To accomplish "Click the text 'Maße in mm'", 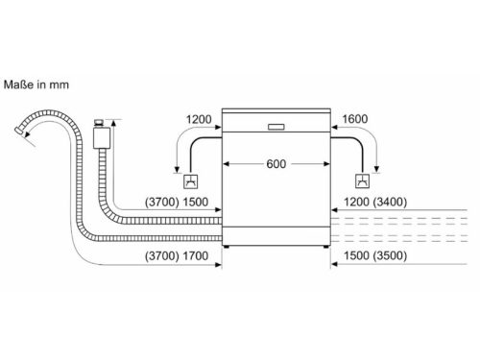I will pos(38,84).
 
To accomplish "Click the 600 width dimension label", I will pos(276,163).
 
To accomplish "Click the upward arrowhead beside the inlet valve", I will pos(111,123).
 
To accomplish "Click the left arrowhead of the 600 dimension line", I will pos(227,163).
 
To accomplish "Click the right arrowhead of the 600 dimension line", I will pos(326,163).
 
